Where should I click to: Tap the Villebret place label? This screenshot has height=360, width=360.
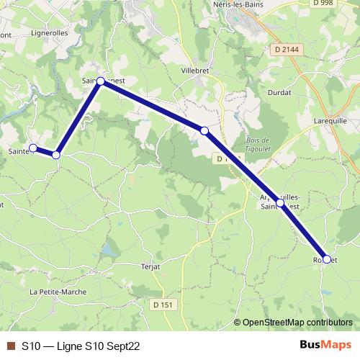tap(197, 71)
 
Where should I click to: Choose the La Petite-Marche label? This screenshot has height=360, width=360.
tap(58, 292)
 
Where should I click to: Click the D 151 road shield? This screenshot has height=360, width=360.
tap(163, 305)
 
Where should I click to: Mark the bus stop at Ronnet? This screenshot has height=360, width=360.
tap(327, 259)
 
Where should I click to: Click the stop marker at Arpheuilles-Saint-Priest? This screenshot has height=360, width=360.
tap(280, 203)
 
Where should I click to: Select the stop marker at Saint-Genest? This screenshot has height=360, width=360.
tap(101, 81)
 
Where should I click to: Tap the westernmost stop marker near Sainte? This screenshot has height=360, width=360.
tap(32, 148)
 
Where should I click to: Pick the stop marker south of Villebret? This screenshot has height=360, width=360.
tap(204, 130)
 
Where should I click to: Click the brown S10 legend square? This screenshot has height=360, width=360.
tap(10, 346)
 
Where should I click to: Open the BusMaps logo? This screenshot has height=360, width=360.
tap(324, 346)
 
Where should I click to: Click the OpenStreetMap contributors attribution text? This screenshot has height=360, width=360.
tap(297, 323)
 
